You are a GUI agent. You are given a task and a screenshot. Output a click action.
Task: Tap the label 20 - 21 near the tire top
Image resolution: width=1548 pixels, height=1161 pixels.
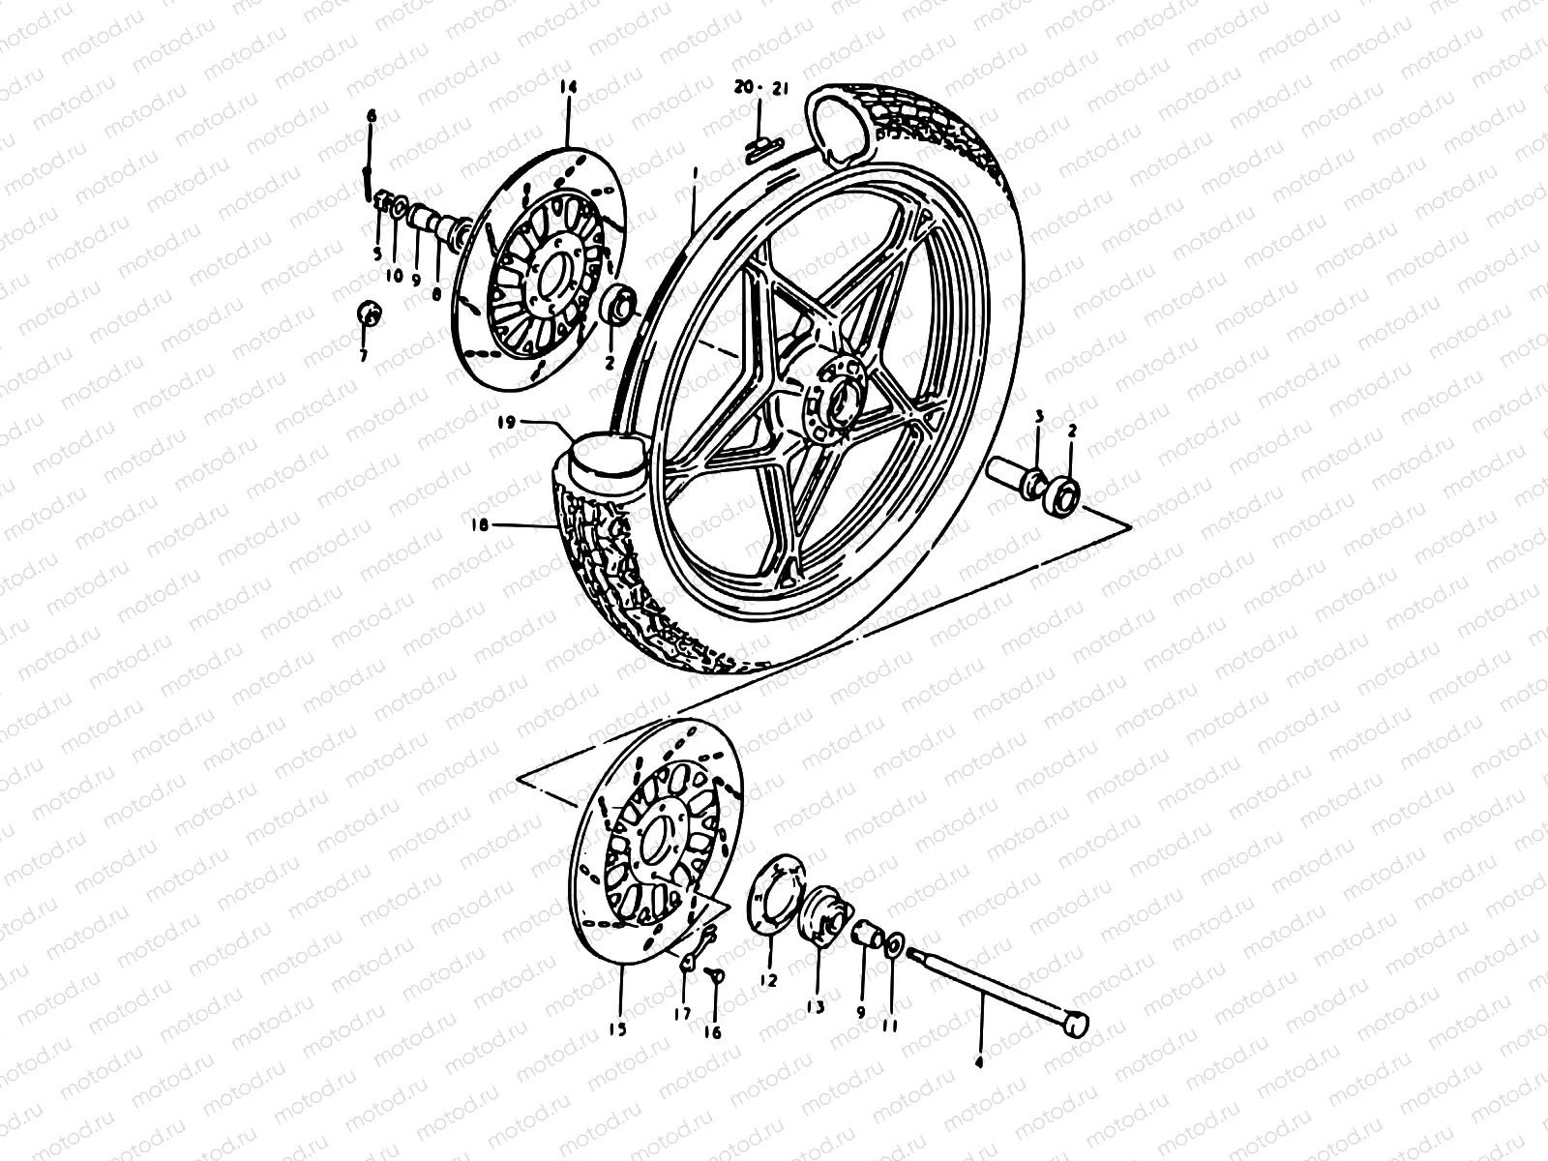(761, 88)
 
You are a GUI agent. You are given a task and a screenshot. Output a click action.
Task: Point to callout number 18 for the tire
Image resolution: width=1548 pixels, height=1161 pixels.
(481, 525)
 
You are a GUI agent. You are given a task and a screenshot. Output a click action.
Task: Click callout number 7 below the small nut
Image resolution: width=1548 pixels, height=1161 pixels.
(365, 356)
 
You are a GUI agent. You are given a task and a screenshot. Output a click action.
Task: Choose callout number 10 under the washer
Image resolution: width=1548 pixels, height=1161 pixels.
(395, 275)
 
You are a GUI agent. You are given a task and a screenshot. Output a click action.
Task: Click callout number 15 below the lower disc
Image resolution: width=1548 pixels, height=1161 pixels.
(617, 1029)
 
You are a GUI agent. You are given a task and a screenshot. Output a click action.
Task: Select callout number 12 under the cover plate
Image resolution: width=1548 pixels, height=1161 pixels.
(768, 980)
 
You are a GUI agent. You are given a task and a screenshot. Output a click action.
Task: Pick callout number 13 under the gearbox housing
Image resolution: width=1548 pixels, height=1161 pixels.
(815, 1006)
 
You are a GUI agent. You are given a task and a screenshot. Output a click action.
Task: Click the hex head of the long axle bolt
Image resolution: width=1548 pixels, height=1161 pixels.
(1076, 1025)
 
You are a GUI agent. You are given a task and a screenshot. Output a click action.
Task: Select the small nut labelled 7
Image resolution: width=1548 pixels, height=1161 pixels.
(369, 313)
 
